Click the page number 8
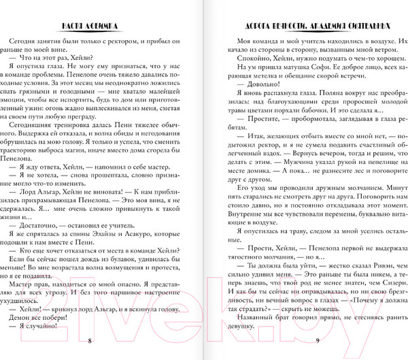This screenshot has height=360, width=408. [90, 340]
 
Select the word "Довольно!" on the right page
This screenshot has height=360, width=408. [256, 82]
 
